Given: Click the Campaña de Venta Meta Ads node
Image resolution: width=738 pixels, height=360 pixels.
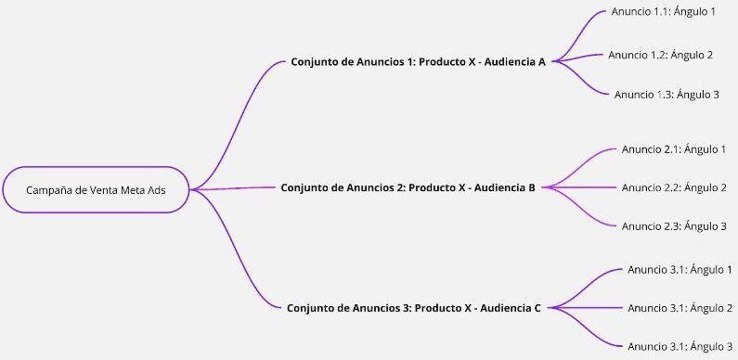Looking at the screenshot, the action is pos(96,189).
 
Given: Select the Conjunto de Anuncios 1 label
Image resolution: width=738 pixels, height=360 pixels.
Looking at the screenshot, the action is pos(418,61).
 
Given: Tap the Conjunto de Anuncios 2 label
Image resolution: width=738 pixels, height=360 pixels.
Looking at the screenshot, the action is pos(408,187).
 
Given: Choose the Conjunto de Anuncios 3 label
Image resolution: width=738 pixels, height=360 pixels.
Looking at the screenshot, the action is pos(414,308).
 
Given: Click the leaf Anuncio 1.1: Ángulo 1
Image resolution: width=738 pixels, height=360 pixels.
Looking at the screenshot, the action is pos(663,12).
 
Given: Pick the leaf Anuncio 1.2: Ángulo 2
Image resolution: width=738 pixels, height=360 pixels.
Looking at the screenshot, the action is pos(660,55).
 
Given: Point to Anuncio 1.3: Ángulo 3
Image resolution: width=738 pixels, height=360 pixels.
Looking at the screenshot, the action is pos(667,95).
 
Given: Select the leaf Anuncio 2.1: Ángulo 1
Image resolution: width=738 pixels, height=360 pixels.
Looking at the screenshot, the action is pos(674,149).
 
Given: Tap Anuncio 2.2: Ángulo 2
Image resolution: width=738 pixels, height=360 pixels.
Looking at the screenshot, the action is pos(674,187).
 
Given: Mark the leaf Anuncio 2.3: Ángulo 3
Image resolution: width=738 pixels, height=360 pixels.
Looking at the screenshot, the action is pos(674,226).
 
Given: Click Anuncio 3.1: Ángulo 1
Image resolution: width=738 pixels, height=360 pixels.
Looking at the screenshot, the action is pos(680,270).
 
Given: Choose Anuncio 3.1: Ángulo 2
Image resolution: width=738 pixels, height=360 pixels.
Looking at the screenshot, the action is pos(680,308).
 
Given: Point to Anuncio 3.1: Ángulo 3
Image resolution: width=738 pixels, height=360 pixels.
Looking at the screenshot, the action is pos(680,347).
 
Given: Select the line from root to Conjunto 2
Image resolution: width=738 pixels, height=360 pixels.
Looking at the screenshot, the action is pos(232,188).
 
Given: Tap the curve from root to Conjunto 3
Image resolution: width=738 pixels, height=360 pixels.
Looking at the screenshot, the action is pos(234,250).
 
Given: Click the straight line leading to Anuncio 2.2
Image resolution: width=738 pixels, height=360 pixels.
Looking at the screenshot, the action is pos(582,187).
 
